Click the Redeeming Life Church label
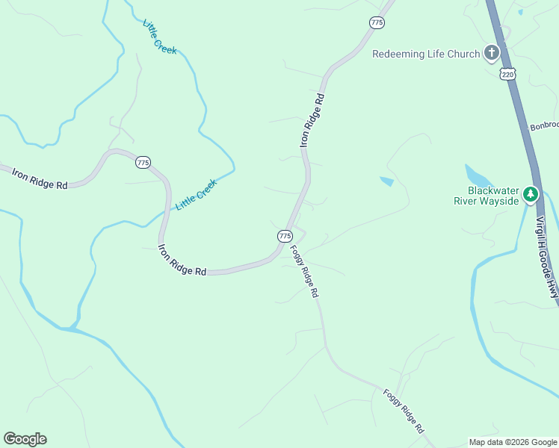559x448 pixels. [x=425, y=53]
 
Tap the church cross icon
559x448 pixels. [x=491, y=52]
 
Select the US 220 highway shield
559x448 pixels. [x=508, y=74]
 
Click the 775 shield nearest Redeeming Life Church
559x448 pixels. [x=377, y=23]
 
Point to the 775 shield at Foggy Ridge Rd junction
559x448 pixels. [x=285, y=236]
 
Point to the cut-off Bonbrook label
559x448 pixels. [x=544, y=126]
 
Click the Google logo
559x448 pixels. [x=25, y=439]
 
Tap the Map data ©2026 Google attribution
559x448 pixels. [x=513, y=442]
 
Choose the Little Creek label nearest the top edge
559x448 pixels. [x=160, y=36]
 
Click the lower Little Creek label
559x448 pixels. [x=196, y=194]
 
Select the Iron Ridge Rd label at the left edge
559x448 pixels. [x=40, y=178]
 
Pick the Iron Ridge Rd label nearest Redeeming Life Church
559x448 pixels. [x=313, y=119]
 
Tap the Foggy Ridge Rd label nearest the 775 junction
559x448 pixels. [x=304, y=272]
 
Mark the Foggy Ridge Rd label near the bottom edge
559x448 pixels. [x=404, y=411]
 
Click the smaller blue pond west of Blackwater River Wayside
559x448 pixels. [x=386, y=181]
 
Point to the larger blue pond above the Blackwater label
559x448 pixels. [x=478, y=176]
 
